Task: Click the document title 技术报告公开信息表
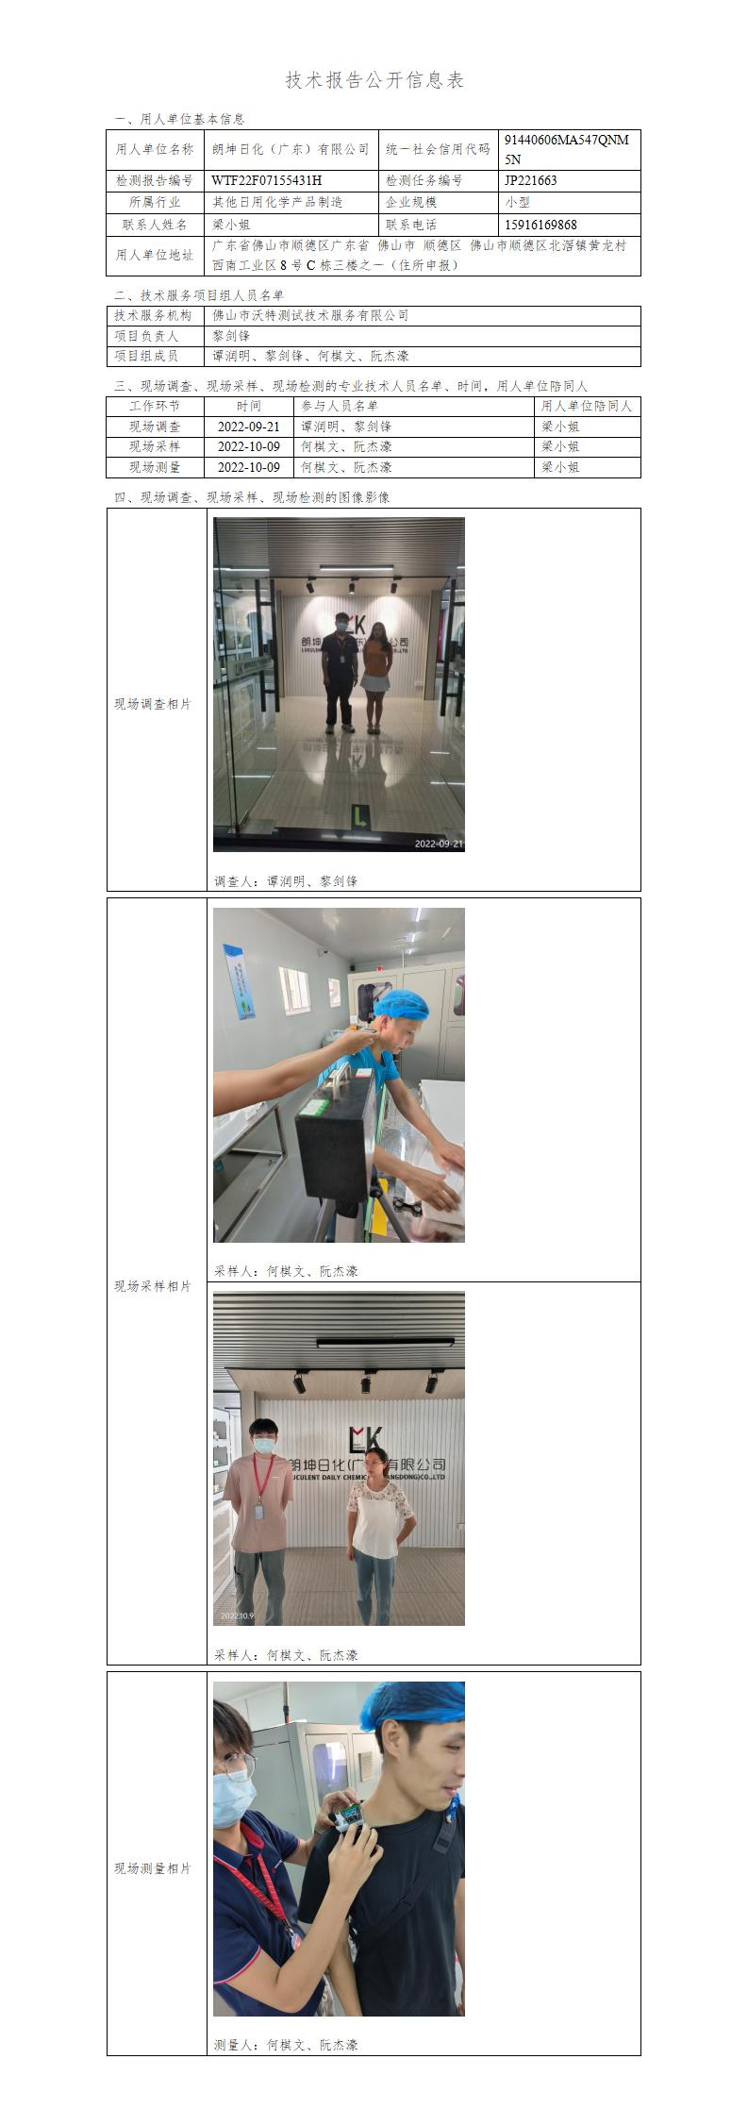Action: pyautogui.click(x=374, y=80)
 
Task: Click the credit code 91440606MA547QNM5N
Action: pyautogui.click(x=566, y=149)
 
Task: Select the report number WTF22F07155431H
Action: pyautogui.click(x=267, y=180)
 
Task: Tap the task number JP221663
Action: pyautogui.click(x=531, y=180)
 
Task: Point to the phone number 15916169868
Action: pyautogui.click(x=540, y=225)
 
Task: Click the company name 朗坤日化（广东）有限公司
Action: pyautogui.click(x=291, y=149)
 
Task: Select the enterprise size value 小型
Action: pyautogui.click(x=517, y=202)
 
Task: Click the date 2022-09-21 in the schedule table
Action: pyautogui.click(x=249, y=427)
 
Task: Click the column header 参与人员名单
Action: pyautogui.click(x=340, y=406)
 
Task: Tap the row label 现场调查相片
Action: pyautogui.click(x=153, y=704)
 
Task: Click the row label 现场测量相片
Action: pyautogui.click(x=153, y=1867)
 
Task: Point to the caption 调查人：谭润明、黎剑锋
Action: pyautogui.click(x=286, y=880)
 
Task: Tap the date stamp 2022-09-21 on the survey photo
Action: pyautogui.click(x=439, y=844)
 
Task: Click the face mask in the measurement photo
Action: pyautogui.click(x=233, y=1799)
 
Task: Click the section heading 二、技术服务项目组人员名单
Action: pyautogui.click(x=199, y=294)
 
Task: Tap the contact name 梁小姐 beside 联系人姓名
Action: pyautogui.click(x=231, y=225)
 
